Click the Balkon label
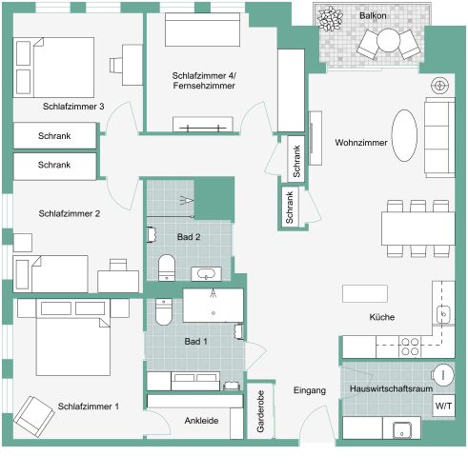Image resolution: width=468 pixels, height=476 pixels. (x=374, y=16)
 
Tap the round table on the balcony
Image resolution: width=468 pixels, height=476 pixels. (x=389, y=40)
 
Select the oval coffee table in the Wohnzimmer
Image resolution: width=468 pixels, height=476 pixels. (x=405, y=136)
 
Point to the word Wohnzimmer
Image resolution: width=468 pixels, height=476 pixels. (x=361, y=143)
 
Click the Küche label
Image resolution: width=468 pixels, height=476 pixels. (x=382, y=317)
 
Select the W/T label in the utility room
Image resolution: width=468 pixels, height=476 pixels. (x=443, y=407)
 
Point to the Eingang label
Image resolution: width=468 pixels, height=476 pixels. (x=310, y=391)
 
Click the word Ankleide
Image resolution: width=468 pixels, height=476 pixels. (x=201, y=420)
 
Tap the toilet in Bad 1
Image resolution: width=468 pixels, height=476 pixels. (x=163, y=311)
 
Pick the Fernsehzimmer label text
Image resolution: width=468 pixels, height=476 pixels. (x=205, y=87)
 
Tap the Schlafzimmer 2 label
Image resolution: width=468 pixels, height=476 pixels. (x=70, y=213)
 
